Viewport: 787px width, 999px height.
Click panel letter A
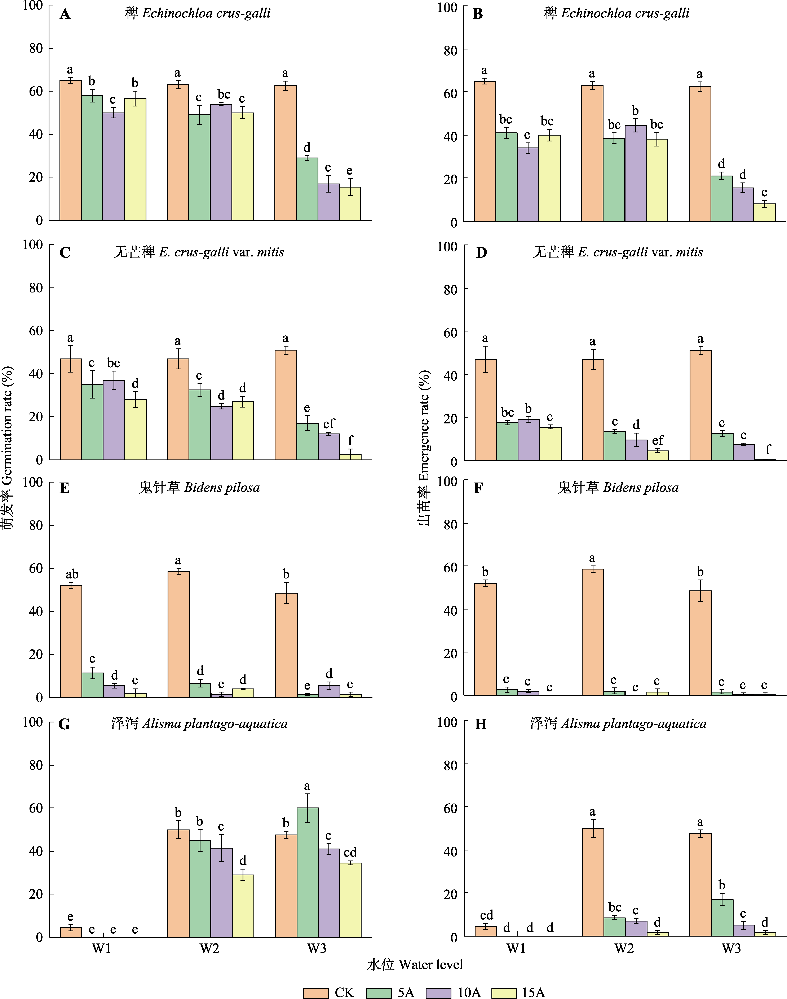pyautogui.click(x=65, y=14)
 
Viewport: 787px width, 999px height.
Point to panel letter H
pyautogui.click(x=481, y=724)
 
